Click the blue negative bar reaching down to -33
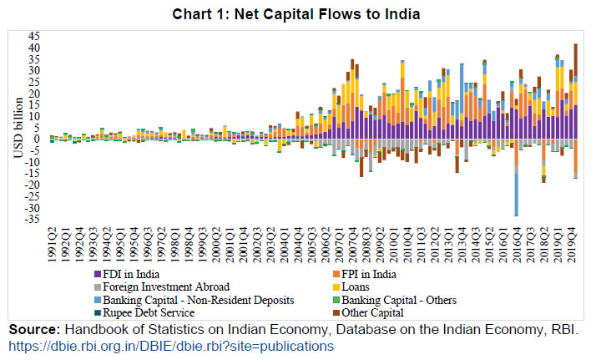(x=516, y=192)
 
